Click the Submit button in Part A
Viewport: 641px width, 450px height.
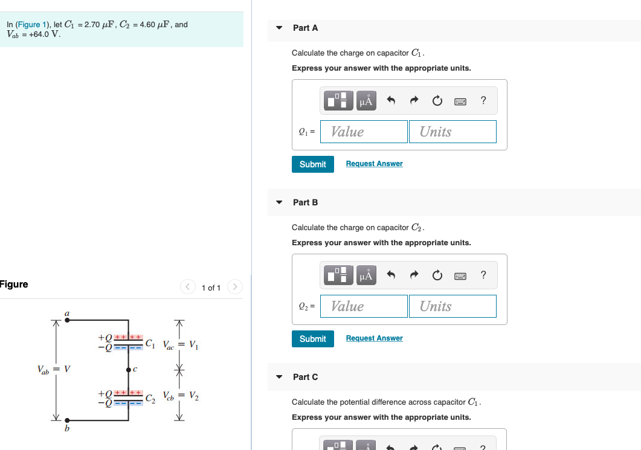coord(312,164)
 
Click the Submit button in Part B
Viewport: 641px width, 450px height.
coord(312,339)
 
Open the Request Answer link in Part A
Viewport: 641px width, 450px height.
coord(374,164)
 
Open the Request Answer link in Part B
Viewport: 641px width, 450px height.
coord(374,338)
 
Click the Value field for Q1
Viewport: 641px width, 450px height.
coord(364,132)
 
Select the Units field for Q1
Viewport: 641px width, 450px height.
coord(453,132)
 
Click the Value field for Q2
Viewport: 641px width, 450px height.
coord(364,306)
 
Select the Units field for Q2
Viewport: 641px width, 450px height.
coord(453,306)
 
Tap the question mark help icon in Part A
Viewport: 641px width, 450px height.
coord(483,101)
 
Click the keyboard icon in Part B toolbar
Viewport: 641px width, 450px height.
coord(460,276)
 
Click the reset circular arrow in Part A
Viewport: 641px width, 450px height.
coord(437,101)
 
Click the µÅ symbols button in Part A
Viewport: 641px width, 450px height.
coord(366,101)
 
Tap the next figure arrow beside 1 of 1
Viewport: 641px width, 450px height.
coord(235,287)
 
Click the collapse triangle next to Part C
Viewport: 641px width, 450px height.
coord(279,377)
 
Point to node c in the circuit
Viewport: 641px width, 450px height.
coord(128,369)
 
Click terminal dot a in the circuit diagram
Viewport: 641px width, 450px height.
coord(66,321)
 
